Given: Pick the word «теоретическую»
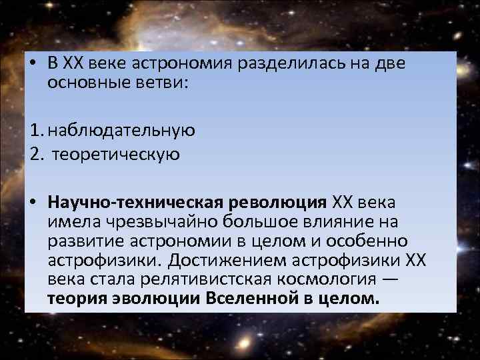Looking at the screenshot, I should tap(116, 155).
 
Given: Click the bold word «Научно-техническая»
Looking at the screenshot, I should tap(137, 202).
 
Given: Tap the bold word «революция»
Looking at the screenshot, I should tap(279, 202).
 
